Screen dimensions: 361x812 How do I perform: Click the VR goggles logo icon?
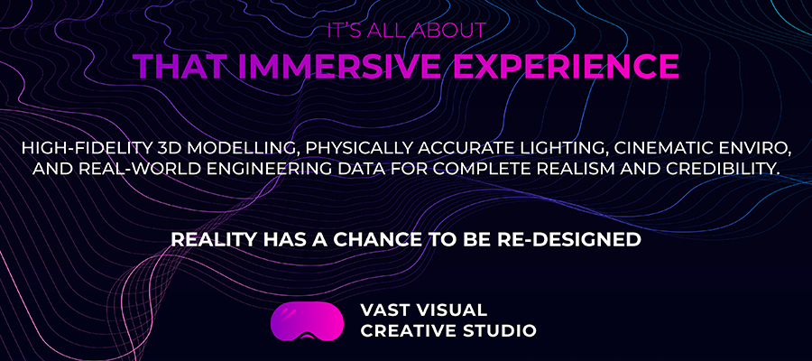pos(307,319)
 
